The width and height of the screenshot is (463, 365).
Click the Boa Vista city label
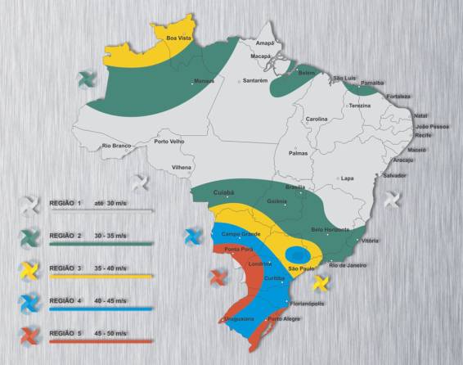click(x=179, y=38)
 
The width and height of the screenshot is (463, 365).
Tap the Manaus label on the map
click(x=204, y=80)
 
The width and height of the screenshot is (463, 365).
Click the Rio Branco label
click(x=116, y=146)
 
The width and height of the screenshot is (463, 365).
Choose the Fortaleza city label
click(x=399, y=96)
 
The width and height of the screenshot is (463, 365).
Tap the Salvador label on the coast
click(x=394, y=175)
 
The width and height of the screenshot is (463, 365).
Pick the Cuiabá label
click(x=223, y=192)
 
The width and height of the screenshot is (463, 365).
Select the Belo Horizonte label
click(x=330, y=229)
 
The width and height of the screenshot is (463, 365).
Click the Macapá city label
click(x=260, y=56)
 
